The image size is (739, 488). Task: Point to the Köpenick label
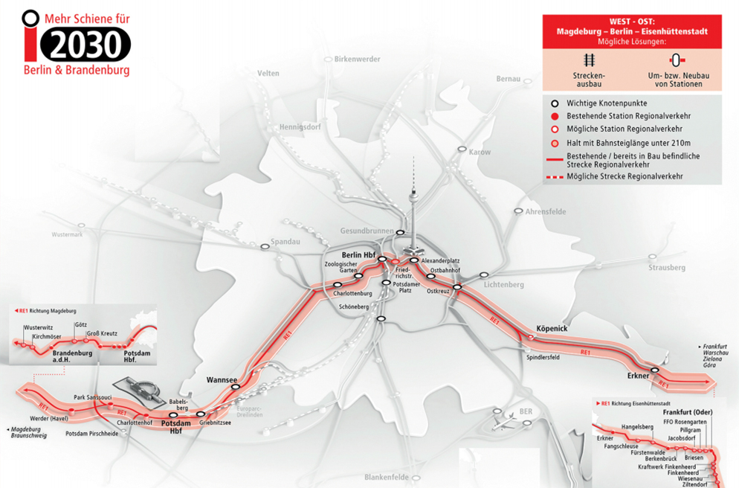click(552, 328)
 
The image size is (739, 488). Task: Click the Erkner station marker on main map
click(654, 370)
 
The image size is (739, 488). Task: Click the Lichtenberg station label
click(503, 285)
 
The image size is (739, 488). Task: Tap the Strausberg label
click(666, 267)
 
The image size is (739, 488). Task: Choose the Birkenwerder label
click(358, 59)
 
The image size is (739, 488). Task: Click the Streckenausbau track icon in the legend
click(589, 60)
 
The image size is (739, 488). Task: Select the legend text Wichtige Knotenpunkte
click(607, 103)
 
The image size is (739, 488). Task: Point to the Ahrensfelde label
click(545, 212)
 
